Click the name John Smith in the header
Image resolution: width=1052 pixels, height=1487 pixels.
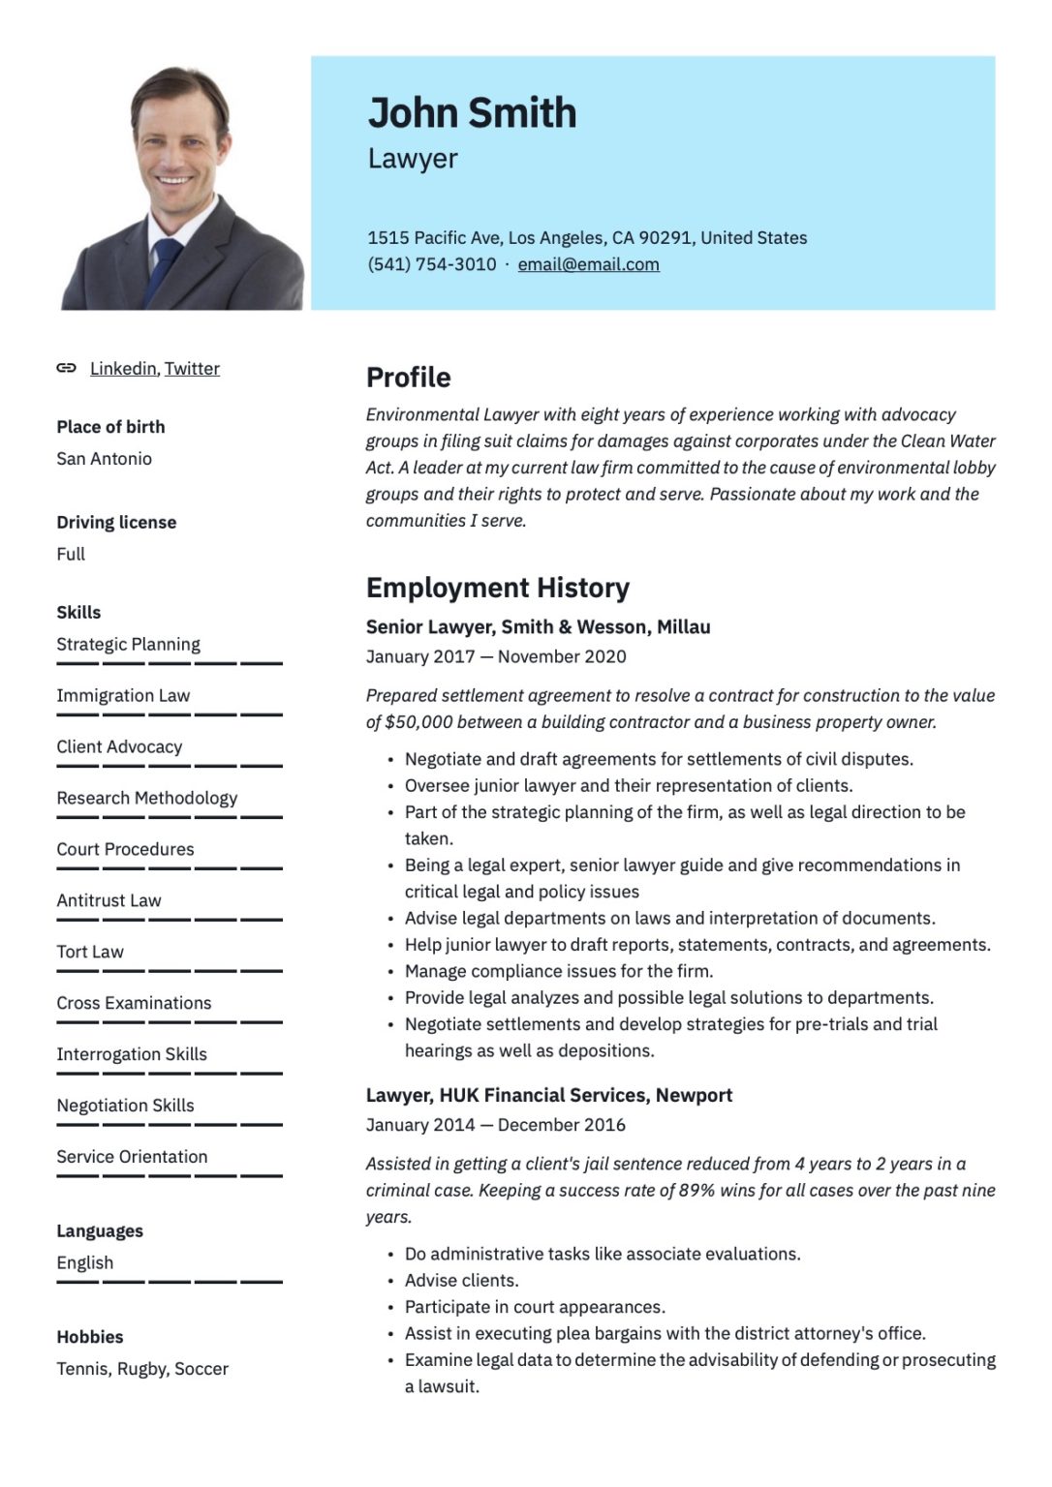(472, 113)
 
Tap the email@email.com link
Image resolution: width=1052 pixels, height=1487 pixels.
(588, 264)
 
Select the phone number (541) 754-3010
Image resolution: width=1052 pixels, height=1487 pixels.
(431, 264)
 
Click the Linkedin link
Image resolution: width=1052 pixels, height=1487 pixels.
(123, 369)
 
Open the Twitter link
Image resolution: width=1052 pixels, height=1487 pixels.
(192, 369)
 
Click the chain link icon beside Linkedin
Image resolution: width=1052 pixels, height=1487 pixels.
(66, 368)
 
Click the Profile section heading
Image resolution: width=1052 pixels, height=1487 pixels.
(408, 378)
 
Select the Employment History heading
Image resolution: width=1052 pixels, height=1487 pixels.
(497, 588)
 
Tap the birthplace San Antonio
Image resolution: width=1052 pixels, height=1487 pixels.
(104, 459)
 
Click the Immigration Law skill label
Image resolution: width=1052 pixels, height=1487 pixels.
(123, 696)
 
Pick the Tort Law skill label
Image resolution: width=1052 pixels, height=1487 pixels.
(90, 952)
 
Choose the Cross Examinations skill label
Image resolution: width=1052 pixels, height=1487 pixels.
(134, 1003)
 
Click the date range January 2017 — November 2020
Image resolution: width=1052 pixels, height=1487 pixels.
(496, 656)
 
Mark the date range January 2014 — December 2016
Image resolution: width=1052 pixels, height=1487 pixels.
(495, 1125)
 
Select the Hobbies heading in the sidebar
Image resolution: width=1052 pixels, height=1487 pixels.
(90, 1337)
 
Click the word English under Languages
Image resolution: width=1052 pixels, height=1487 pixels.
(85, 1262)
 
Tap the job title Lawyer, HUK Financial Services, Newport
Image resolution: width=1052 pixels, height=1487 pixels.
(548, 1095)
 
